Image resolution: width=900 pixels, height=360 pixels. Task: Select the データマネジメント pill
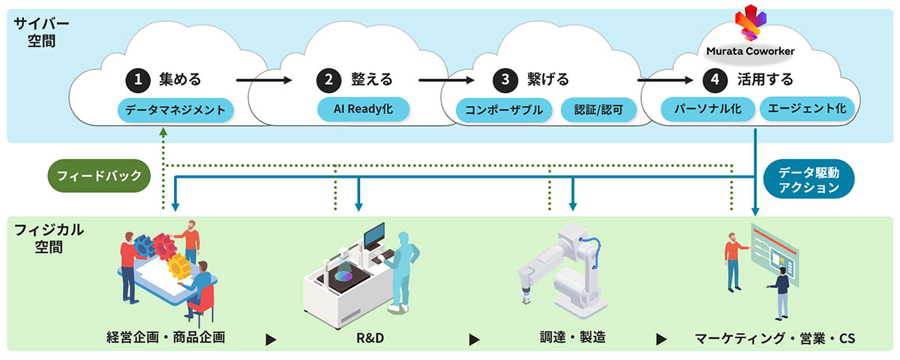coord(175,110)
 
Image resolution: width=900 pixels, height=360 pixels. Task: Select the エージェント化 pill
coord(806,109)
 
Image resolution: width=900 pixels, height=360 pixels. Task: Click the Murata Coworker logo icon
coord(750,23)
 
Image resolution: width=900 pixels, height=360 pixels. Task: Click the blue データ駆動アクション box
coord(808,180)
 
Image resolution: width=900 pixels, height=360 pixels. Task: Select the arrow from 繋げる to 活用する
coord(664,79)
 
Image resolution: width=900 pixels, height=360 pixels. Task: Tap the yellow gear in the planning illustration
coord(178,265)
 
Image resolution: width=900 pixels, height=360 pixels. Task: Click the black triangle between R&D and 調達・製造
coord(474,340)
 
